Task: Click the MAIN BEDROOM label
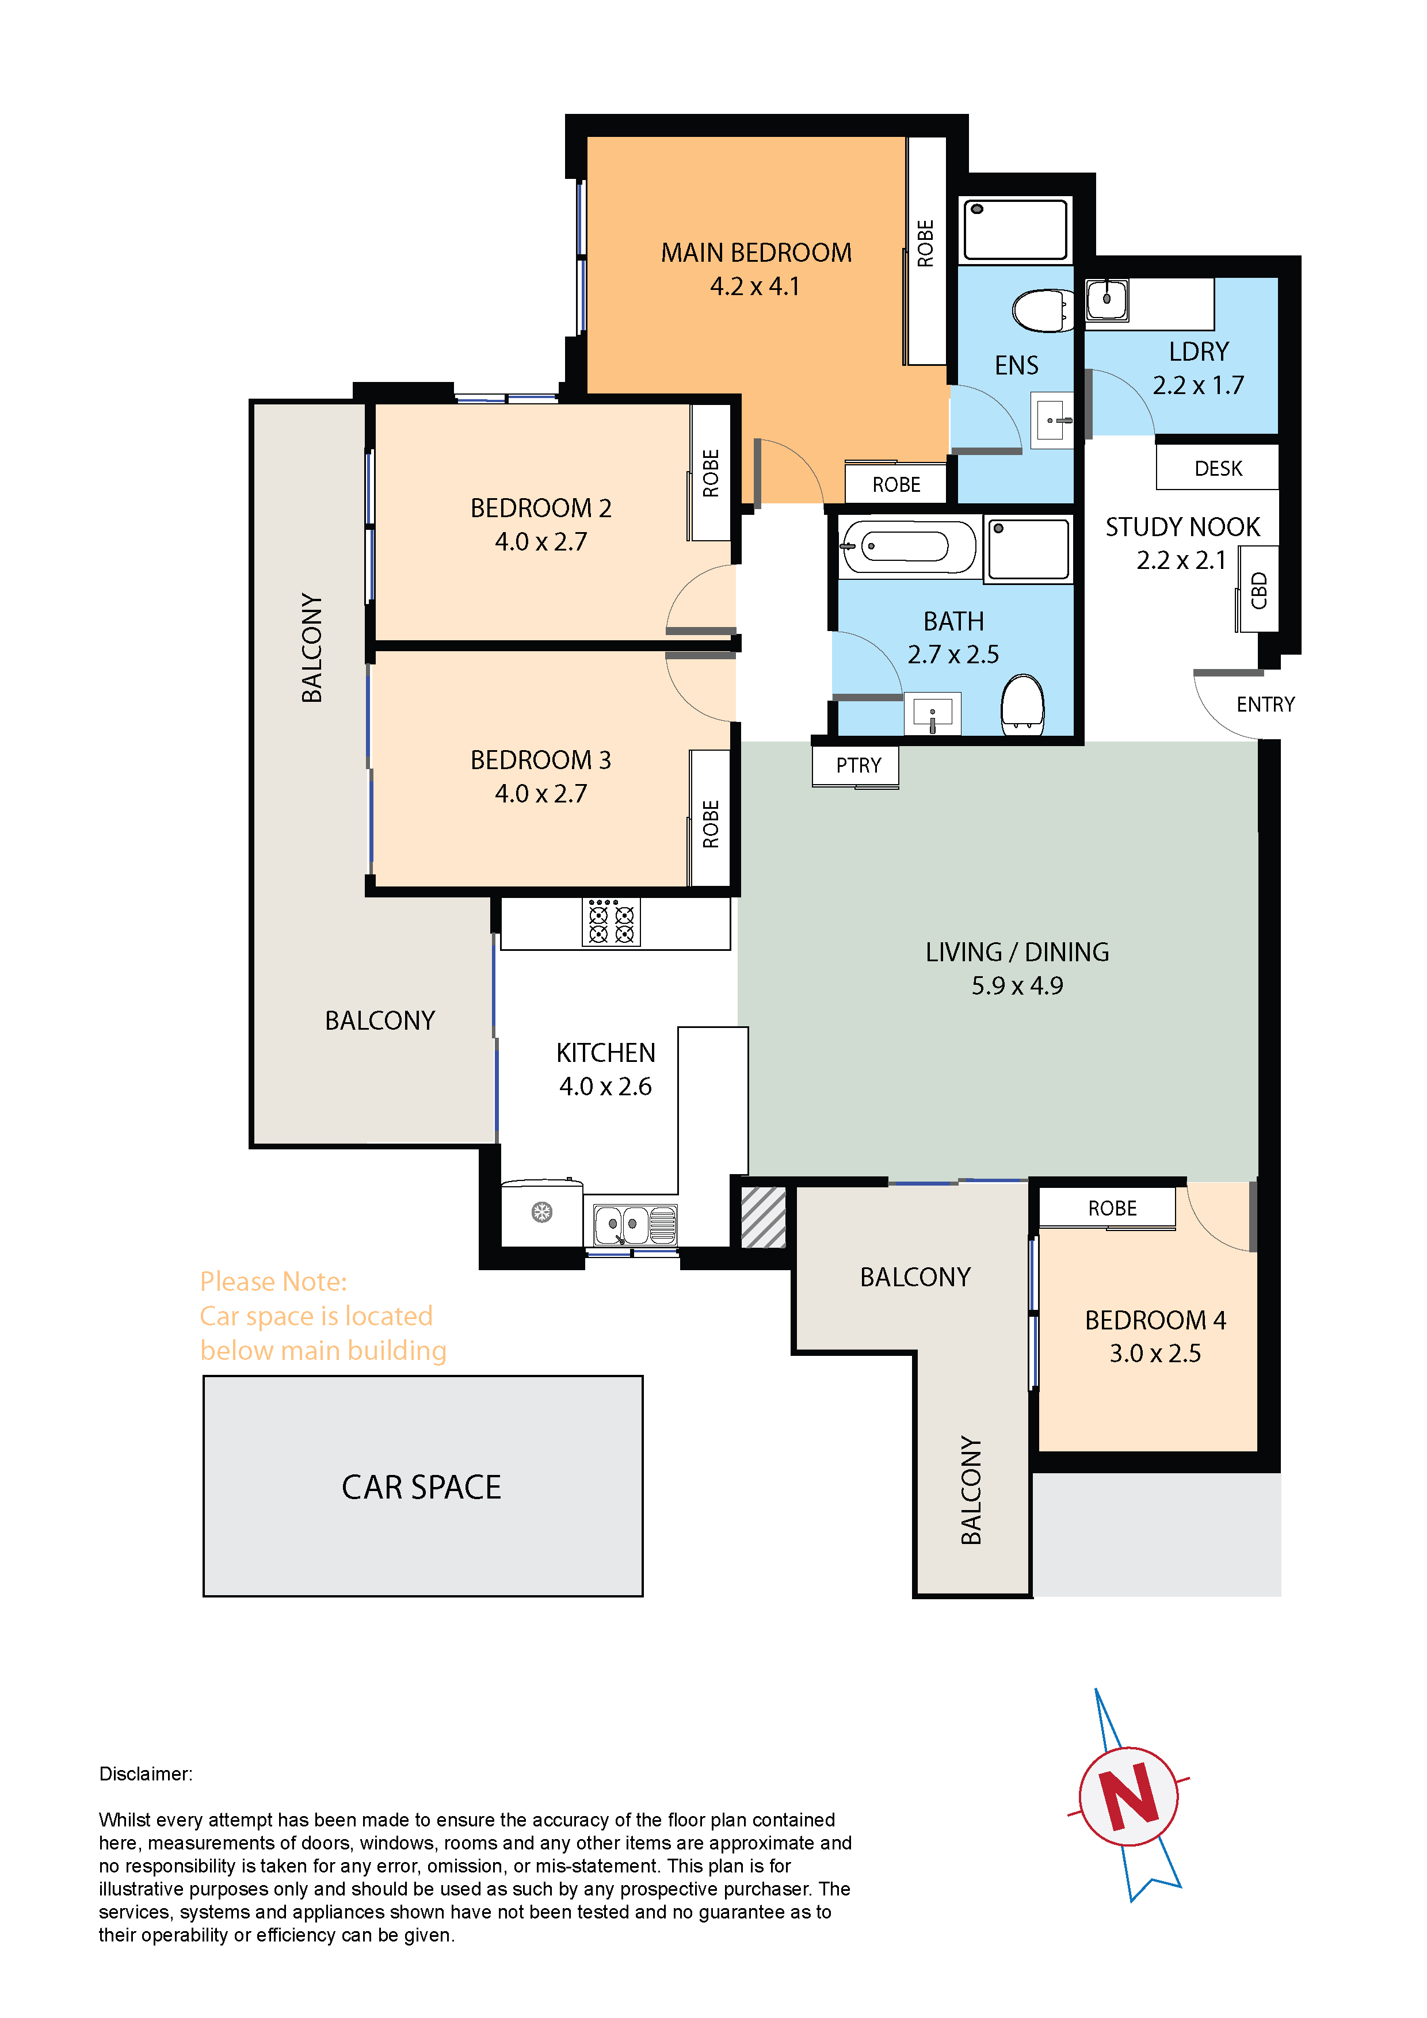[x=756, y=253]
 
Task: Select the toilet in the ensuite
[x=1043, y=310]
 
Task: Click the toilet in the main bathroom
[x=1022, y=704]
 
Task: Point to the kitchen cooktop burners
[x=611, y=921]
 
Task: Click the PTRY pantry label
[x=858, y=766]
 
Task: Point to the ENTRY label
[x=1265, y=704]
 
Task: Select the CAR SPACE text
[x=421, y=1487]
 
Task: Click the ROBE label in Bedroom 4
[x=1112, y=1209]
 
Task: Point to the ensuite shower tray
[x=1016, y=230]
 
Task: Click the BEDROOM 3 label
[x=541, y=760]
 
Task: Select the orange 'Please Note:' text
[x=273, y=1282]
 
